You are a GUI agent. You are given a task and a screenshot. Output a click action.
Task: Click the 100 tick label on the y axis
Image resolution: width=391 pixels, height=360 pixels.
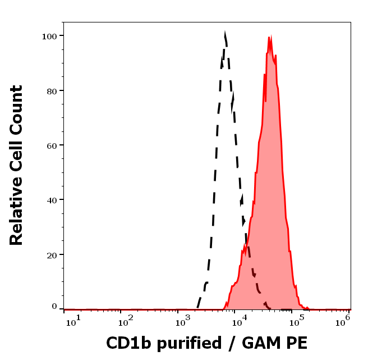pos(49,36)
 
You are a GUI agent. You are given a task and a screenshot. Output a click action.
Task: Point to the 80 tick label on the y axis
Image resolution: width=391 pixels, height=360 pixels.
pos(52,90)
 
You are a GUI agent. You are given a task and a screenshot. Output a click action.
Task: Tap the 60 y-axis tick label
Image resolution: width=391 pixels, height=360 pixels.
pos(52,145)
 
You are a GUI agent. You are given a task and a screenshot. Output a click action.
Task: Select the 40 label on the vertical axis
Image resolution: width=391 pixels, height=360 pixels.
pos(52,200)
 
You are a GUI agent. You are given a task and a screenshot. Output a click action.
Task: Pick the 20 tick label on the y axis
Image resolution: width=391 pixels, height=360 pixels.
pos(52,255)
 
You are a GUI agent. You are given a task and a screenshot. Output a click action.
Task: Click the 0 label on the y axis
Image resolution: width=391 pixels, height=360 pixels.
pos(54,307)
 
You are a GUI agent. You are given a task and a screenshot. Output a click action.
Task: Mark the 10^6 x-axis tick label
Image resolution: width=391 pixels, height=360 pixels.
pos(343,320)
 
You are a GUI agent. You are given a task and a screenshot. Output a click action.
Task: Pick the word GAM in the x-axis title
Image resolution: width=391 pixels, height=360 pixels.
pos(261,343)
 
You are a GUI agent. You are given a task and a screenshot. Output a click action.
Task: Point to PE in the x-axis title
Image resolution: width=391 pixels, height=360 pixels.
pos(297,343)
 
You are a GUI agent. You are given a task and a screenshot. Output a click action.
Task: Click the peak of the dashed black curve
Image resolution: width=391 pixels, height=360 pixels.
pos(225,34)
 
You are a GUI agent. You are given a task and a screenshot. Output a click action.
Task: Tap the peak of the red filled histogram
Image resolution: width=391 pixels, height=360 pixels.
pos(270,38)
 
